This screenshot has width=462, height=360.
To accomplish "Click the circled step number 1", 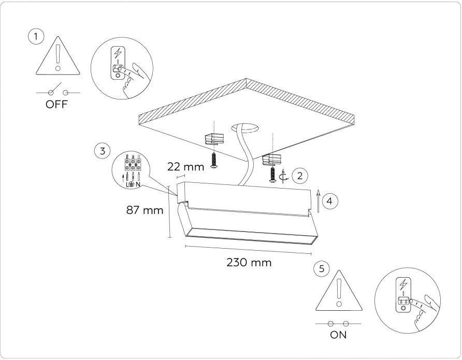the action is (36, 37).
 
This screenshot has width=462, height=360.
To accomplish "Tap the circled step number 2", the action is (300, 176).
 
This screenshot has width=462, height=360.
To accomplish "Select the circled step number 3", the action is (102, 151).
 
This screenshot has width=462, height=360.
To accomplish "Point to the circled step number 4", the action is (330, 201).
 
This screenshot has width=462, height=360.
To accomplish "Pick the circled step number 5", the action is (322, 269).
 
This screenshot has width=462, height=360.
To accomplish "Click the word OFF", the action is (56, 104).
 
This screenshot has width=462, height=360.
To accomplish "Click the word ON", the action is (338, 335).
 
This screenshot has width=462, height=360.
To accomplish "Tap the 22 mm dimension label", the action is (185, 167).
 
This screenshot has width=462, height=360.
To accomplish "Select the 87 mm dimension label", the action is (145, 210).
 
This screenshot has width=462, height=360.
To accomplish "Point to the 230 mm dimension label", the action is (249, 262).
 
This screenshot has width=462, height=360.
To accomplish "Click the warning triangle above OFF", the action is (58, 56).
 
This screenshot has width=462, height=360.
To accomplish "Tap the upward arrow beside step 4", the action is (318, 201).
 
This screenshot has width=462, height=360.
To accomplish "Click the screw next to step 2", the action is (273, 175).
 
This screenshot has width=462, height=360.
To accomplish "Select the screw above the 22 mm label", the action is (214, 161).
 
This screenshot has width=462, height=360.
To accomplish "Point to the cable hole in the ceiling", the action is (245, 127).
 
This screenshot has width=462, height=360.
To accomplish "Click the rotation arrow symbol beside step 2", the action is (283, 177).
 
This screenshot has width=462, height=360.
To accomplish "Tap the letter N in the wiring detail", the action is (138, 185).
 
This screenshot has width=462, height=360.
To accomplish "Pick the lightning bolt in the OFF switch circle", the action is (118, 53).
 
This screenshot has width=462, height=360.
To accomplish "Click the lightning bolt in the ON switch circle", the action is (403, 284).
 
